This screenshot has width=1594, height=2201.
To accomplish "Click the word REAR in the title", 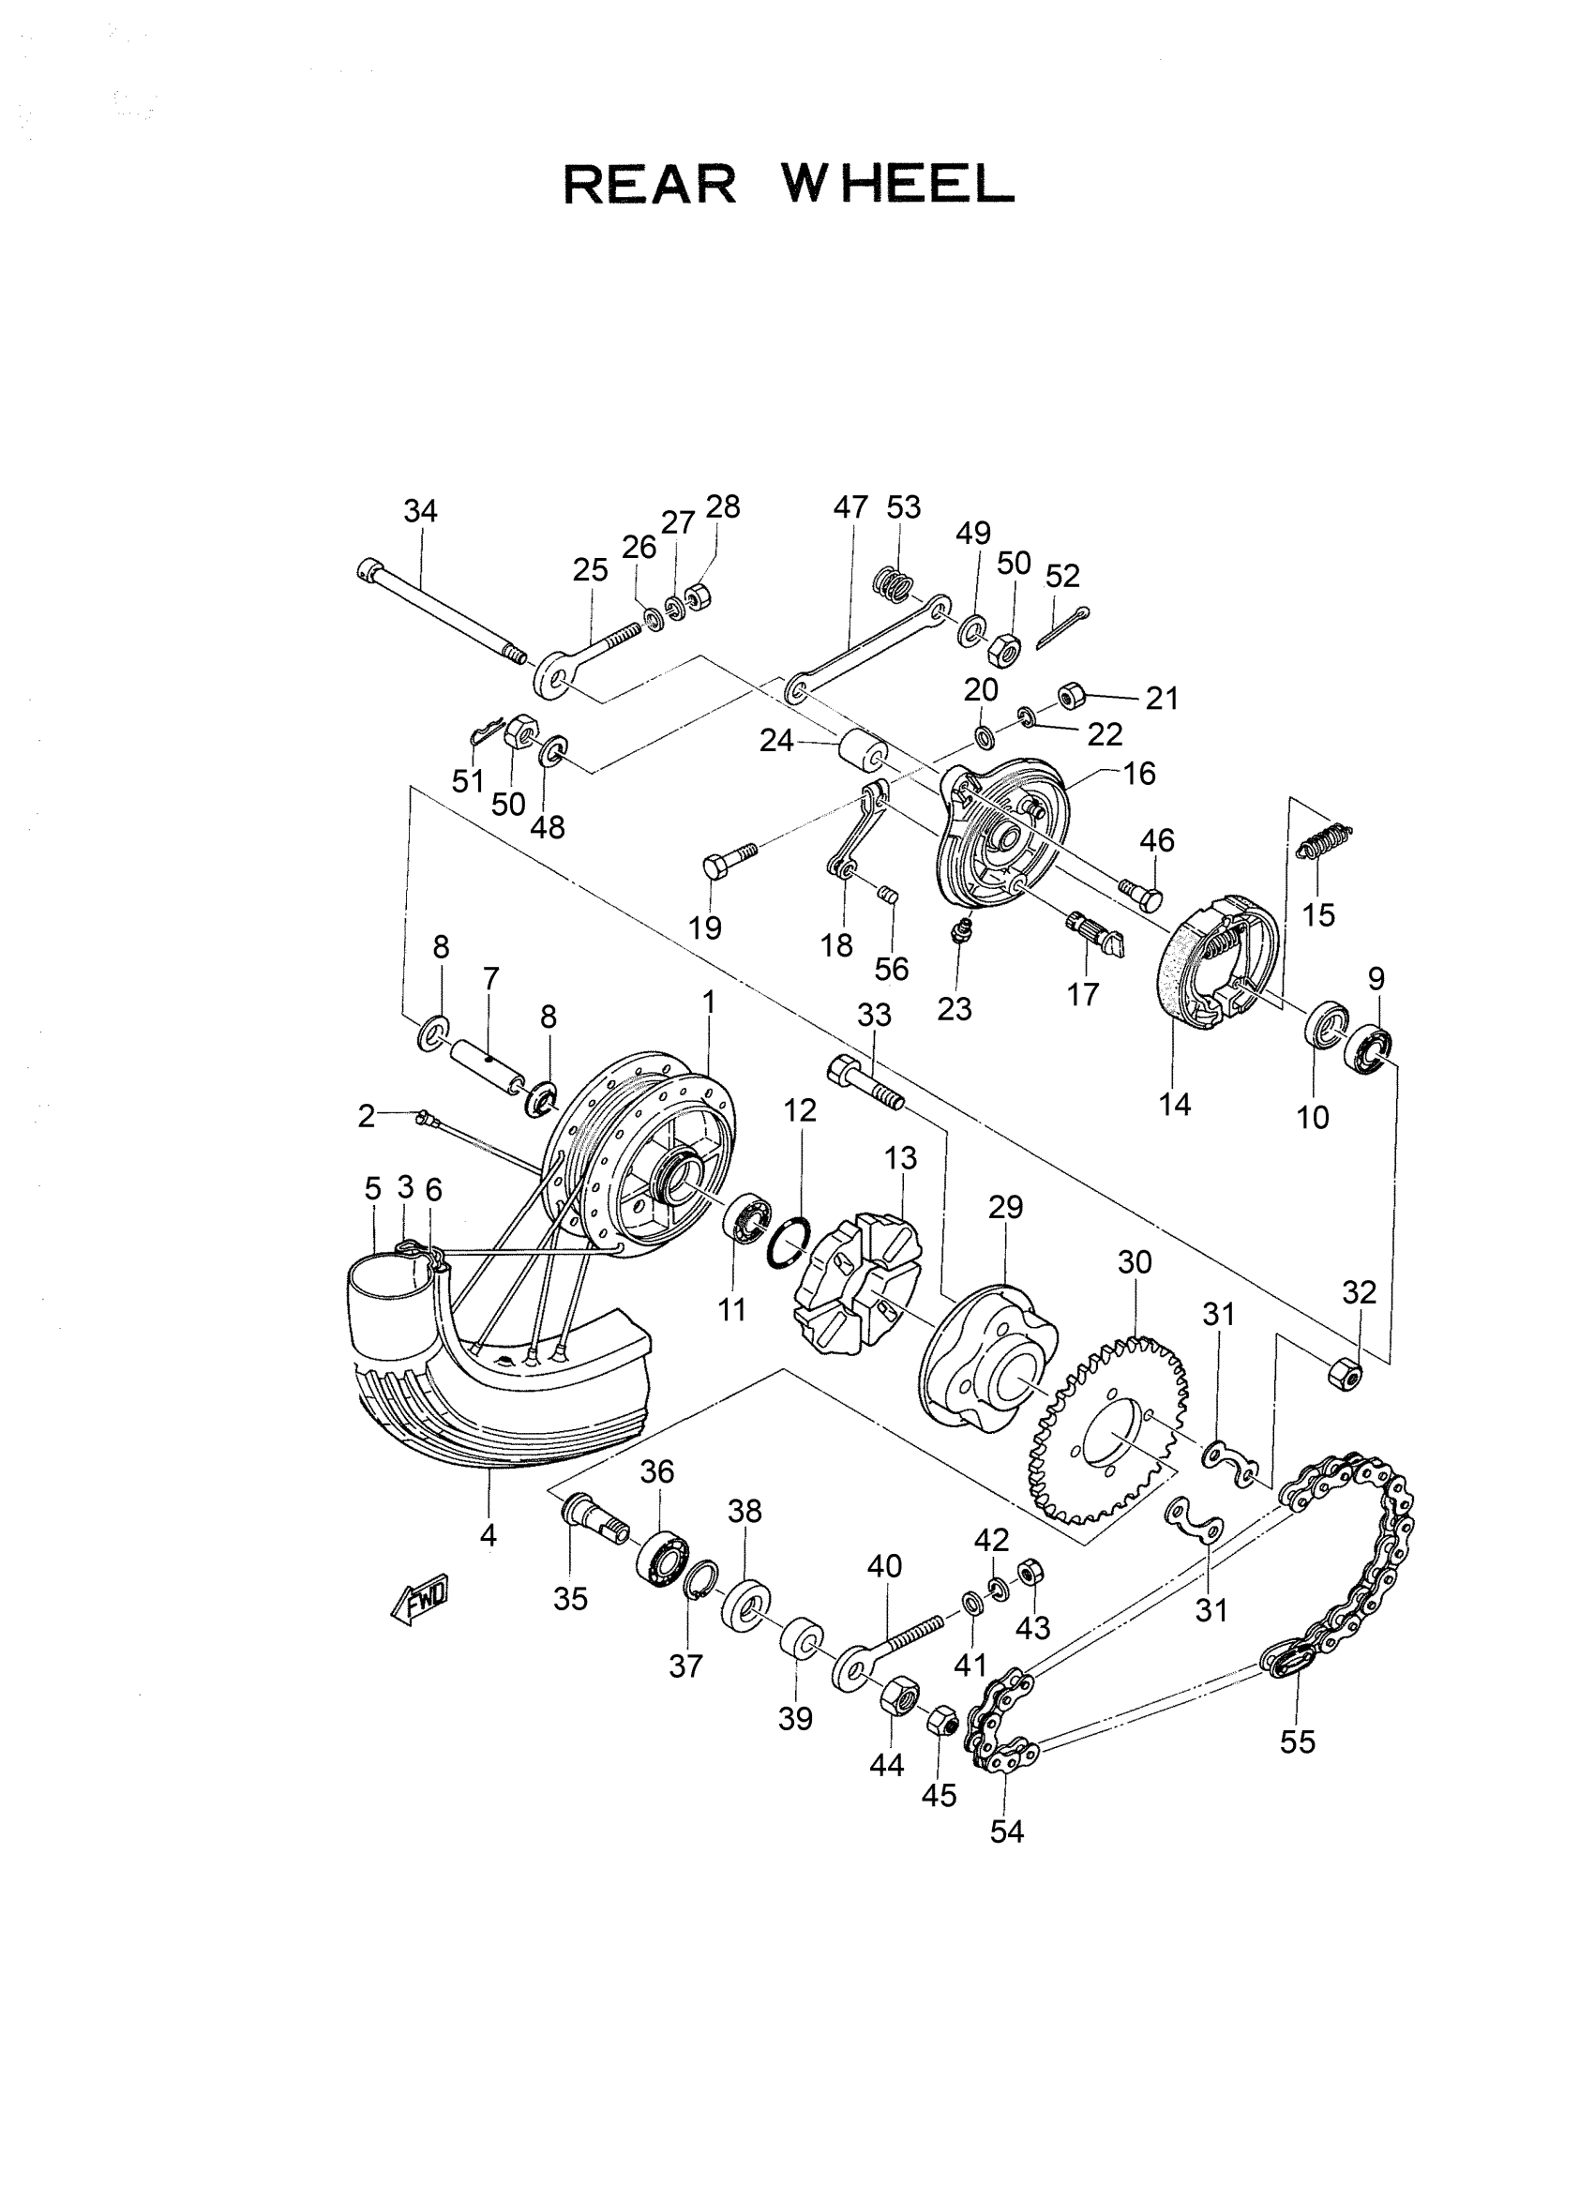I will pyautogui.click(x=650, y=185).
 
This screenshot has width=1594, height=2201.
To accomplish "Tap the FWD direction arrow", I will pyautogui.click(x=419, y=1597).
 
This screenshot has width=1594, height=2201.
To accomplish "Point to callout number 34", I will pyautogui.click(x=420, y=511).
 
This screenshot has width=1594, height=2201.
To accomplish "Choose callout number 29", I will pyautogui.click(x=1006, y=1207).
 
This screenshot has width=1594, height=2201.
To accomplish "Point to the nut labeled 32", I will pyautogui.click(x=1344, y=1371).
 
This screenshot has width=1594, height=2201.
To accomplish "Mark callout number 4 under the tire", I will pyautogui.click(x=488, y=1535).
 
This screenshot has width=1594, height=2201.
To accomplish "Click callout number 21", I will pyautogui.click(x=1162, y=699).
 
